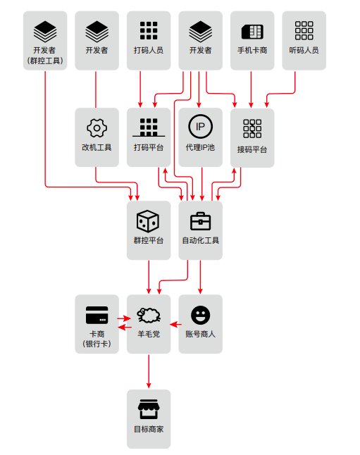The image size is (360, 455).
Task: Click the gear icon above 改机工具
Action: pos(97,127)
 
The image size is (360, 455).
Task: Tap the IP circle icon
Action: pos(200,127)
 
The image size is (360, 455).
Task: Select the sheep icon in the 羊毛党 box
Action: pos(149,315)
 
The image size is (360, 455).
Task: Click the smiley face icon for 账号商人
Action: pos(200,315)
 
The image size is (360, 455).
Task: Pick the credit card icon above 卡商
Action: pos(97,315)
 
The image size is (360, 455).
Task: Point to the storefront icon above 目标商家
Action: pos(149,409)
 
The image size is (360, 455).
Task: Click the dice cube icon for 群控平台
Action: pos(148,221)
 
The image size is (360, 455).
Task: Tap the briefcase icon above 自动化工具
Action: pos(200,221)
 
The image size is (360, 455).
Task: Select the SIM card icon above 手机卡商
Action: pos(252,32)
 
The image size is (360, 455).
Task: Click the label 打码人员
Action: pos(149,51)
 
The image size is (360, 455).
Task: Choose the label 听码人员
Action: pos(304,51)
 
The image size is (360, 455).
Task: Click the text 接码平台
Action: pos(252,150)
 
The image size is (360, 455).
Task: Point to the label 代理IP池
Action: pos(200,147)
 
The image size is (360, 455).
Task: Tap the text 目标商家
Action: pos(149,429)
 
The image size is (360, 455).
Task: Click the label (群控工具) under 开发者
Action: pos(45,61)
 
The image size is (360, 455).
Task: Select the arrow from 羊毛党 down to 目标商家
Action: pos(149,371)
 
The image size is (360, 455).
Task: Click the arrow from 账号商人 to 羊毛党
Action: pos(175,324)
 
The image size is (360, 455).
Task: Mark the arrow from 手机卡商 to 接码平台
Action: pos(251,89)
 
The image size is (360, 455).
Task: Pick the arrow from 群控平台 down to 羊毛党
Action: pos(149,277)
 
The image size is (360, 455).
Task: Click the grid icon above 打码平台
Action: pos(149,127)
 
